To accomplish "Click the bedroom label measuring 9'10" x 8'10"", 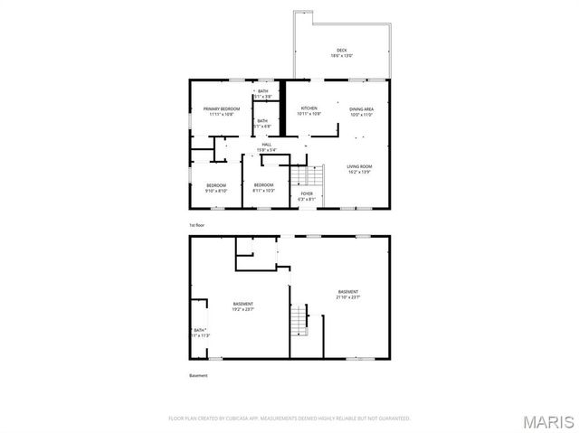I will pos(216,188).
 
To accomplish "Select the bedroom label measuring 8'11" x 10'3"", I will pos(263,188).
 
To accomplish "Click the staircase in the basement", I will pos(299,318).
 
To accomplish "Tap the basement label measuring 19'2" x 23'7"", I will pos(243,306).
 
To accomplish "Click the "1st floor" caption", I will pos(197,223).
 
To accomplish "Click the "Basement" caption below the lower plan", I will pos(198,375).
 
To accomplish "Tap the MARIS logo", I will pos(548,421).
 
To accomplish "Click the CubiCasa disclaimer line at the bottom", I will pos(289,419).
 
